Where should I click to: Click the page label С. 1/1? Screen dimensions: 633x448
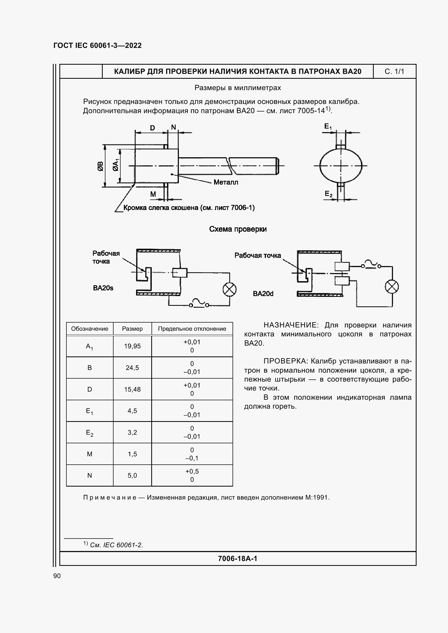[394, 72]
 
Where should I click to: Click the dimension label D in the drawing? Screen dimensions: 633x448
[152, 128]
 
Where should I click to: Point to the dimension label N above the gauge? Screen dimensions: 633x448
[173, 127]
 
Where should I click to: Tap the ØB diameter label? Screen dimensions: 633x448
[100, 166]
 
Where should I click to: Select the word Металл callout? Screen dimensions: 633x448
[226, 182]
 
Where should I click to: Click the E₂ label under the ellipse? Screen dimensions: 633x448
[328, 194]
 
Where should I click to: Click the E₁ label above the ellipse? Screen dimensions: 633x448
[328, 127]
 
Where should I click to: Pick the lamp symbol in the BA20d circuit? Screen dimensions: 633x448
[392, 287]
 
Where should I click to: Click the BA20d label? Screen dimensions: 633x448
[263, 294]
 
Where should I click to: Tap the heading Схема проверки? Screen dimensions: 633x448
[238, 229]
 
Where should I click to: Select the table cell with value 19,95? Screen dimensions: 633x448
[132, 346]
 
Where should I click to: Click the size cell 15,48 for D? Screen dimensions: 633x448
[132, 389]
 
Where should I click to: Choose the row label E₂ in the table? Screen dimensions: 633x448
[89, 432]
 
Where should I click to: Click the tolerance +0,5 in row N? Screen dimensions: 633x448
[192, 471]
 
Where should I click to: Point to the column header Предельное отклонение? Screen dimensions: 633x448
[192, 329]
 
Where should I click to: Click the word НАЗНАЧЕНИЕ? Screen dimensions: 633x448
[291, 325]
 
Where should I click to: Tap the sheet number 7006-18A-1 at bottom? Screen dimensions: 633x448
[237, 559]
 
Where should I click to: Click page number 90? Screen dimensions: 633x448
[57, 576]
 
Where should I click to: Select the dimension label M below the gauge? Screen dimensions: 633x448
[153, 194]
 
